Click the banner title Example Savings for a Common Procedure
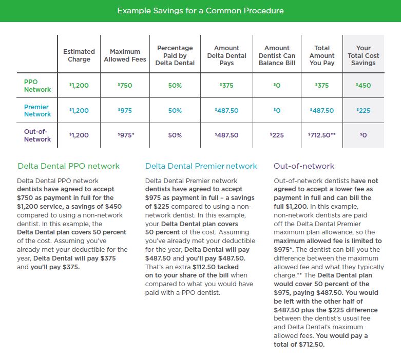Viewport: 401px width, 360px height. (x=200, y=11)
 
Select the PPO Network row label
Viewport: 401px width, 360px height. (x=37, y=86)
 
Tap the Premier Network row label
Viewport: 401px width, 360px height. (x=37, y=110)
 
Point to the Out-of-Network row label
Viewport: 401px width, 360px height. (x=37, y=135)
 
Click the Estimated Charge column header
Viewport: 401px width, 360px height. (x=79, y=55)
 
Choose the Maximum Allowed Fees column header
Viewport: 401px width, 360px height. (x=125, y=55)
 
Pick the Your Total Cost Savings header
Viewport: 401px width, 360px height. (x=363, y=55)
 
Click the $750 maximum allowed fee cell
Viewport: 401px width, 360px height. (x=125, y=85)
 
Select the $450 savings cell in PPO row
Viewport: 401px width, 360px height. (x=363, y=85)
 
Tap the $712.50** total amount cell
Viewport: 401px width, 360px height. (x=322, y=135)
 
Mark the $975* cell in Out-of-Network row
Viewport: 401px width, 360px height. (x=126, y=135)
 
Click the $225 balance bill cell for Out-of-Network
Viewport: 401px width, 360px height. (x=277, y=135)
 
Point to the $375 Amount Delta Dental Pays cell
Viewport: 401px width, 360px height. (x=226, y=85)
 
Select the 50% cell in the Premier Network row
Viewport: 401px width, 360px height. (x=175, y=111)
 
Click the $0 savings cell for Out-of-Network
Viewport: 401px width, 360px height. (x=363, y=135)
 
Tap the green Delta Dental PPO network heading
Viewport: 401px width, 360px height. (x=68, y=166)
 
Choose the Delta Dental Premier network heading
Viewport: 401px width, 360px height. (x=201, y=166)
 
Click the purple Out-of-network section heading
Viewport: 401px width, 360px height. (x=304, y=166)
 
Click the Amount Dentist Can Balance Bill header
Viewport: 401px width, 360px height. (x=277, y=55)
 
